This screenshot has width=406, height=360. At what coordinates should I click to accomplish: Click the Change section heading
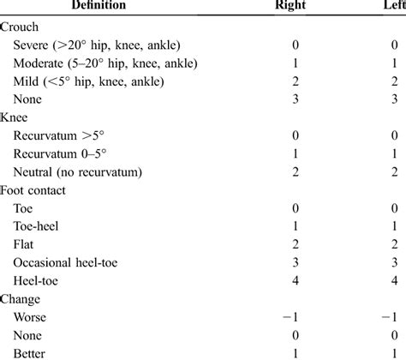[x=22, y=298]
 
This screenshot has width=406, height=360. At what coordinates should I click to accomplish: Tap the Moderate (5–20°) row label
[x=111, y=63]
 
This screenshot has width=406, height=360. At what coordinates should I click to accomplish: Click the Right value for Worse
[x=294, y=317]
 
